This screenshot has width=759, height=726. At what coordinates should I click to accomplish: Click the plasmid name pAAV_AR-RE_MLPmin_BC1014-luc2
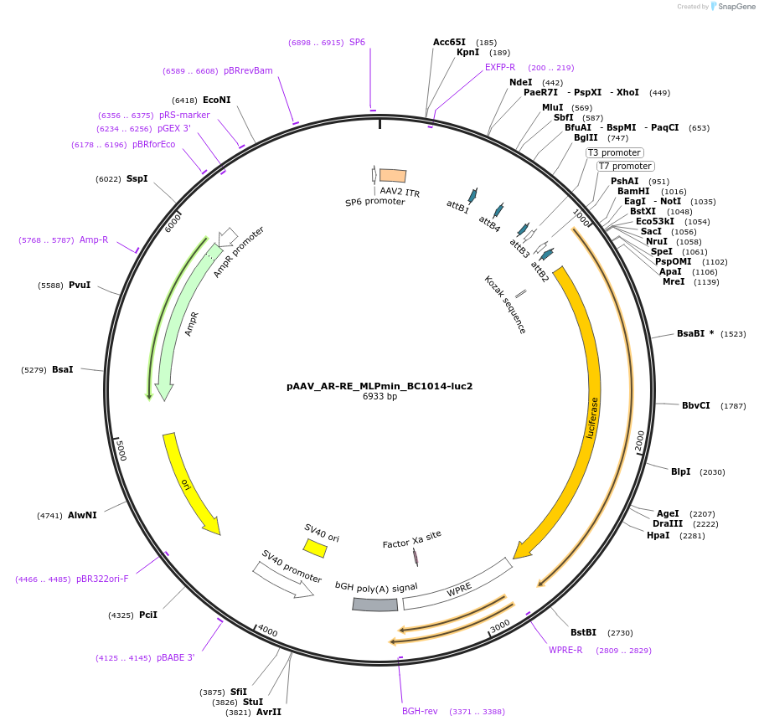379,386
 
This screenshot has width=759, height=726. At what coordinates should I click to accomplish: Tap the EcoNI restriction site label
216,100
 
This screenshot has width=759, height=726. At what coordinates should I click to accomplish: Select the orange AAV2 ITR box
393,175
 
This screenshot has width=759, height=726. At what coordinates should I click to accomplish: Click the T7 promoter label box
625,166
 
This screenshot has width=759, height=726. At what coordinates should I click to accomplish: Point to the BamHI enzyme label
633,191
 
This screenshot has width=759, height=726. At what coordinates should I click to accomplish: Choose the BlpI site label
680,471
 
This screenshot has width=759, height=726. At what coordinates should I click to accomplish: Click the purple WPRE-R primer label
565,650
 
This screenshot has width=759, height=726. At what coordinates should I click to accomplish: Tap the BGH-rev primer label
420,711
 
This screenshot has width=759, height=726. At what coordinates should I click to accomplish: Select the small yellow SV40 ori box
315,548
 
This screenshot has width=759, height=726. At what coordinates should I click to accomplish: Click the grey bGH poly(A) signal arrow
374,604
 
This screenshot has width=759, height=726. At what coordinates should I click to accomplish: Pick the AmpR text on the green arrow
193,324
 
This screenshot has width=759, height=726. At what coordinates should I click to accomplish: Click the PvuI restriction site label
80,286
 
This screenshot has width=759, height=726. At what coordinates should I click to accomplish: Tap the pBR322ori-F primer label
102,579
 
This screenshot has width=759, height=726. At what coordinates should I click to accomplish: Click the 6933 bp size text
379,397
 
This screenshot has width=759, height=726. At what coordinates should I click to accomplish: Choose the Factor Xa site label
411,538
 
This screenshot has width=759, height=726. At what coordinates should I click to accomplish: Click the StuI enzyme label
253,702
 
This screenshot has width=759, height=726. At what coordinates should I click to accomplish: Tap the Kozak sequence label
505,305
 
